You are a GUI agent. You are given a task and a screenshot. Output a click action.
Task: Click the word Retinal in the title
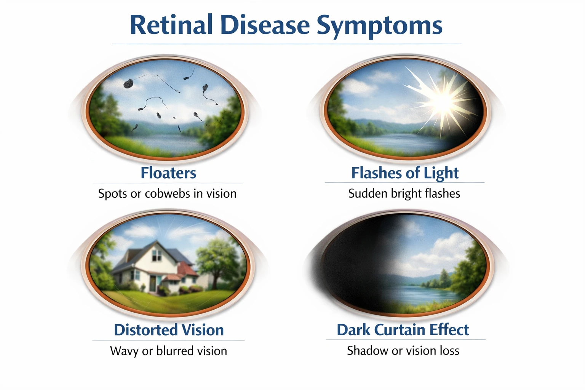click(x=171, y=25)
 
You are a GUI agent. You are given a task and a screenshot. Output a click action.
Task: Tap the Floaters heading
click(x=168, y=173)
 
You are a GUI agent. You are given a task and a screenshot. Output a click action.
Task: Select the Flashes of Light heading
click(x=405, y=173)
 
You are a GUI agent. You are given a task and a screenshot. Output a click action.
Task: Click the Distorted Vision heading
click(x=169, y=330)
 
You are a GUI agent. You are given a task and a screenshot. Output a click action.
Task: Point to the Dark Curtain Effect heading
click(x=403, y=330)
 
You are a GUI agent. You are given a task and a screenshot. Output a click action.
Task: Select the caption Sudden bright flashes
click(x=404, y=193)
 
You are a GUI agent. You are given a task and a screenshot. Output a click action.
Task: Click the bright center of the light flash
click(x=443, y=101)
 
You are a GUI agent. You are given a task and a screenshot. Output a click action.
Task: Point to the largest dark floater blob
click(x=128, y=83)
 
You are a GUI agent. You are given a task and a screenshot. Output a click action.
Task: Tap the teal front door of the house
click(x=153, y=282)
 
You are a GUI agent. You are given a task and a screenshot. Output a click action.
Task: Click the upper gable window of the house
click(x=156, y=257)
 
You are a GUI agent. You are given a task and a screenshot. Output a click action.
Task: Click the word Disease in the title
click(x=265, y=25)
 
